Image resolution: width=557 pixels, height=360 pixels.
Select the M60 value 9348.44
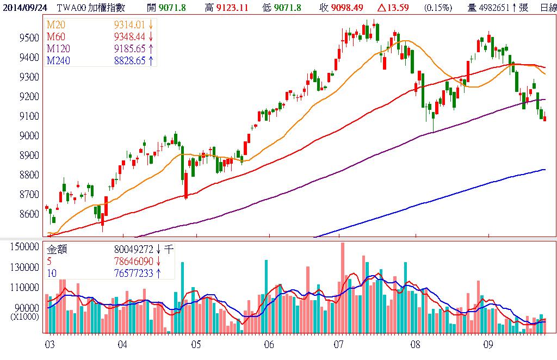tap(129, 38)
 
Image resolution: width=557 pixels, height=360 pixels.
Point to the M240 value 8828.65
tap(129, 61)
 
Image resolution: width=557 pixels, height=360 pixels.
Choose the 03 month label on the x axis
tap(49, 345)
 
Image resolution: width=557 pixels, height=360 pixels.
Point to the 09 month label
tap(488, 345)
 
